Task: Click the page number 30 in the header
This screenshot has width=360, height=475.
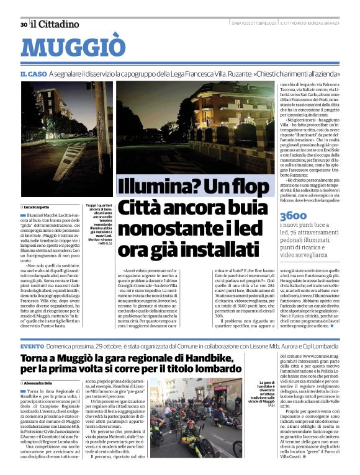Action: click(x=24, y=24)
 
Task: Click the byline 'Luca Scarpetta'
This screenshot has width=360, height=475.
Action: click(x=37, y=206)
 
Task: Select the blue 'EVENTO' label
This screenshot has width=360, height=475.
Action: click(x=32, y=345)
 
